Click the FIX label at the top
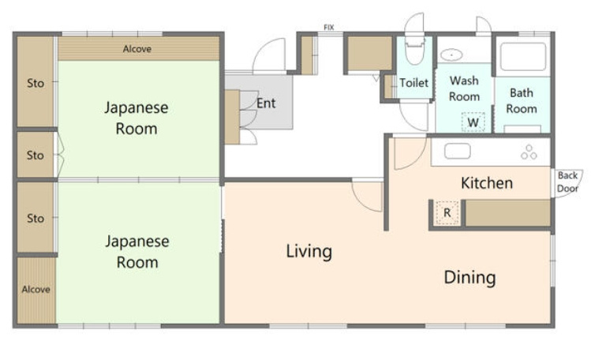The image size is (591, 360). click(x=329, y=27)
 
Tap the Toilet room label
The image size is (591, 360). click(x=413, y=83)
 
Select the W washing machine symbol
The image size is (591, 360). click(x=473, y=122)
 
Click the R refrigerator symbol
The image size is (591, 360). click(x=447, y=212)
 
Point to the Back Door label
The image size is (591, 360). click(x=567, y=182)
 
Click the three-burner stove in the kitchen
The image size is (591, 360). click(x=529, y=152)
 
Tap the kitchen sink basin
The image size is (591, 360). click(x=458, y=151)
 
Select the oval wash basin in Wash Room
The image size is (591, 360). click(x=451, y=55)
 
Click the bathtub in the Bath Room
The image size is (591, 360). click(x=523, y=57)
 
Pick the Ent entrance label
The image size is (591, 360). click(x=266, y=103)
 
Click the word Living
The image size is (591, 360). click(x=309, y=252)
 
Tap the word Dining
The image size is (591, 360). click(x=469, y=277)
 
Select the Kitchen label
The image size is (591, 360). click(x=487, y=183)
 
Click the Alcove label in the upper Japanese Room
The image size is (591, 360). click(x=137, y=49)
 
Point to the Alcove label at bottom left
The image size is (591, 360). click(x=36, y=289)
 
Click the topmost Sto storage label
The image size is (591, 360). click(x=36, y=83)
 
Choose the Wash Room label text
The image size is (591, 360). click(x=464, y=88)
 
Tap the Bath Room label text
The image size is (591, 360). click(x=522, y=100)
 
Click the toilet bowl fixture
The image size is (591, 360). click(x=414, y=50)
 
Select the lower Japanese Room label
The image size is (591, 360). click(x=137, y=252)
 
